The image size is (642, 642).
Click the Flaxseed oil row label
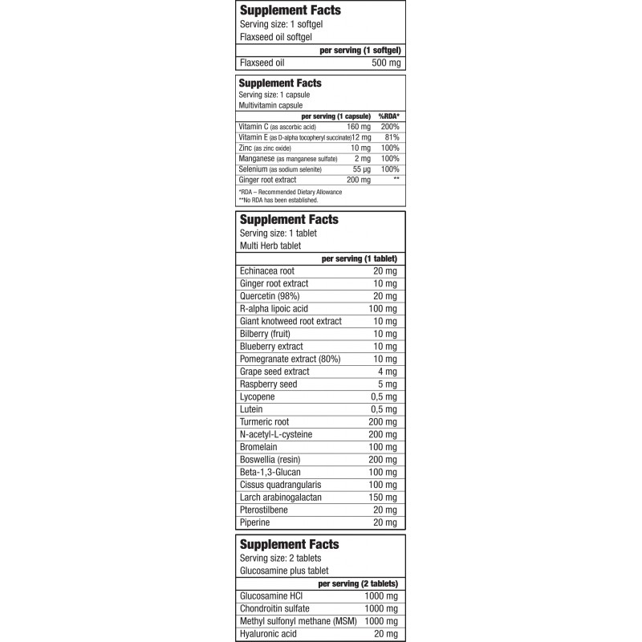point(262,62)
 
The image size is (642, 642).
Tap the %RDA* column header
point(388,116)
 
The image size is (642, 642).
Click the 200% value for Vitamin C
point(389,127)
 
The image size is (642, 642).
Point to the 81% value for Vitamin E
point(391,137)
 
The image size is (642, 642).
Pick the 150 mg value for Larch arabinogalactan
point(381,498)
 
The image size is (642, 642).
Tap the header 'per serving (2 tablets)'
point(359,583)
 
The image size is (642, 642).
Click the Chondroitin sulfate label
point(277,608)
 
